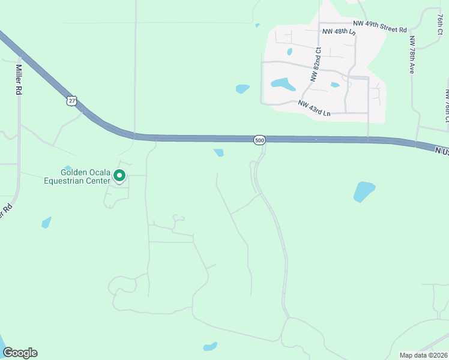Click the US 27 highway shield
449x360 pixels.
click(72, 101)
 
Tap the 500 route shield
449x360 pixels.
click(259, 140)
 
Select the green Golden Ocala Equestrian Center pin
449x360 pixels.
click(119, 176)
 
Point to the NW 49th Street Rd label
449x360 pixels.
click(380, 26)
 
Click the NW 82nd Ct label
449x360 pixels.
click(316, 65)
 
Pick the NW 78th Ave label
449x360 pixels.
click(412, 55)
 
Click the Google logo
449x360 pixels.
click(20, 353)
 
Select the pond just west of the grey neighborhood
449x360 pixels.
click(243, 89)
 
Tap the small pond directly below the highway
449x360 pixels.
click(219, 152)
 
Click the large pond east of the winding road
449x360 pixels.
click(364, 191)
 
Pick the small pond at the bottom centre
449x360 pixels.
click(209, 347)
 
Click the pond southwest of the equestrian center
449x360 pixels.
click(46, 223)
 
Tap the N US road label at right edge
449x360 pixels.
click(442, 152)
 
